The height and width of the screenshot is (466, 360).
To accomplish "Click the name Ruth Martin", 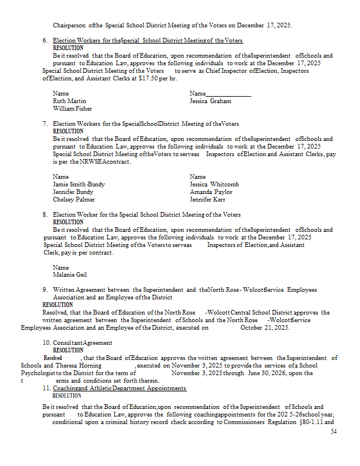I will point(69,101).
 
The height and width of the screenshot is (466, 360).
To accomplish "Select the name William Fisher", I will point(72,108).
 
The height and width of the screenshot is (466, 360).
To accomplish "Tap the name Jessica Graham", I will point(210,101).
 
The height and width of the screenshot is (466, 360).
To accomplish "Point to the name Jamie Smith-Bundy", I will point(79,184).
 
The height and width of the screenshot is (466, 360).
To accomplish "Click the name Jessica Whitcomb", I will point(214,184).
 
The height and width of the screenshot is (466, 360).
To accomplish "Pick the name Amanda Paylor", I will point(211,192).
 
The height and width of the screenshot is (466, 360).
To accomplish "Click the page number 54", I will point(334,432).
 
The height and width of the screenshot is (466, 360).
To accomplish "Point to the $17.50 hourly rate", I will point(149,78).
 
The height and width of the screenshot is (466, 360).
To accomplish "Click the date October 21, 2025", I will point(265,328).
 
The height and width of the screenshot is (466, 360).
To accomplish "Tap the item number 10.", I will point(46,343).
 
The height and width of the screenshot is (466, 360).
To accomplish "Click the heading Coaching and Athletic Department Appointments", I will point(119,388).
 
